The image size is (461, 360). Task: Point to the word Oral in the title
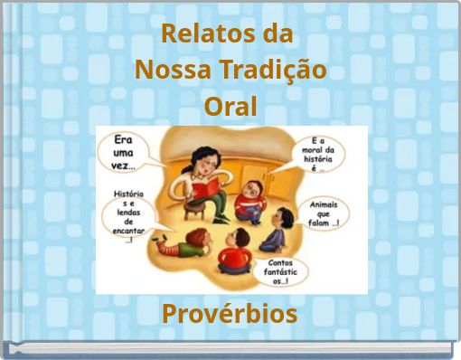point(230,107)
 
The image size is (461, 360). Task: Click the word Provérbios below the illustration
point(230,314)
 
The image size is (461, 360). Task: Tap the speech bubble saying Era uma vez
point(130,153)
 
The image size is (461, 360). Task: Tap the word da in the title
point(275,34)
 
